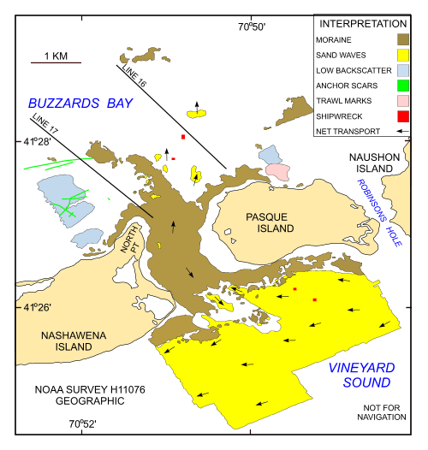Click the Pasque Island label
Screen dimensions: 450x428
coord(268,222)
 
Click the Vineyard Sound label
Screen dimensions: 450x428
coord(360,375)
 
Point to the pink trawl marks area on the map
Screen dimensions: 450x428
coord(277,171)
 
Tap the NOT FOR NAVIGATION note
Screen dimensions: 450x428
coord(380,411)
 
